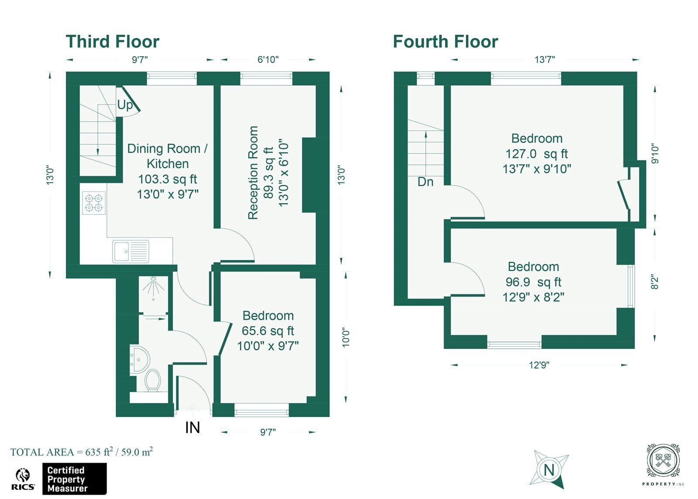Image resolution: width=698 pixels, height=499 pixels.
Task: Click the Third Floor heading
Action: coord(113,41)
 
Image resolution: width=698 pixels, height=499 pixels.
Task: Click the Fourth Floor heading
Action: coord(445,41)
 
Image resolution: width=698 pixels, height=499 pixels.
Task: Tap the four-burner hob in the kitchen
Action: coord(94,203)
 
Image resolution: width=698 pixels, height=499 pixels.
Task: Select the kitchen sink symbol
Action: coord(130,251)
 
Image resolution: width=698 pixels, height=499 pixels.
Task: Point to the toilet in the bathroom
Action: coord(153,380)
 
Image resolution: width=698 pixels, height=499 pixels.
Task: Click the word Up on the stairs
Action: coord(125,105)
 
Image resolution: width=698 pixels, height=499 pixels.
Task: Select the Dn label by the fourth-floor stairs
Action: coord(425,181)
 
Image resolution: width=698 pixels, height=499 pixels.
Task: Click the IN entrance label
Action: coord(192,427)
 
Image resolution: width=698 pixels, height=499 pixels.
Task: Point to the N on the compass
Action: coord(549,470)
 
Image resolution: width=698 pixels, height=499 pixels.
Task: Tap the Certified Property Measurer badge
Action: coord(75,479)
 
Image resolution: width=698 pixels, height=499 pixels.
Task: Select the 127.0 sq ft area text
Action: coord(537,154)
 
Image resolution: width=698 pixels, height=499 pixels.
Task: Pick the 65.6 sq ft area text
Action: coord(268,331)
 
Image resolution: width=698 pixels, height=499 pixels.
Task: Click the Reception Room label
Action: coord(253,173)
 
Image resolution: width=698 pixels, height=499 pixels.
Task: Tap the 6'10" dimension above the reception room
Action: coord(268,59)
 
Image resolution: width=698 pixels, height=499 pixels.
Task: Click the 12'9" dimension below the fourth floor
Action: coord(539,365)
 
